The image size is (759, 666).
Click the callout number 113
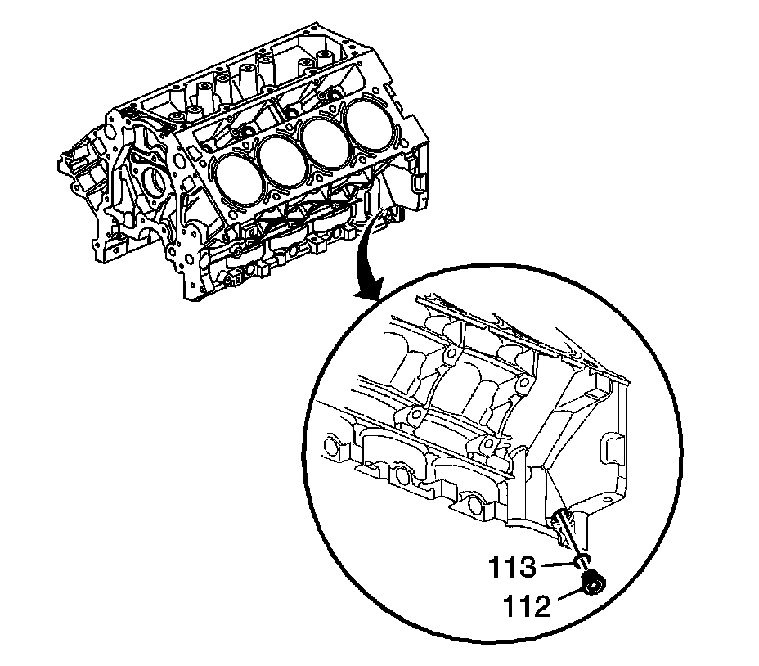click(x=512, y=567)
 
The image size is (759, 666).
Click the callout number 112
click(x=527, y=605)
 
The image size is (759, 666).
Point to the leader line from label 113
click(x=557, y=564)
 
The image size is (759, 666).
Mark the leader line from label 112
click(x=572, y=596)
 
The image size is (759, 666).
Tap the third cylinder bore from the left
click(x=324, y=141)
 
